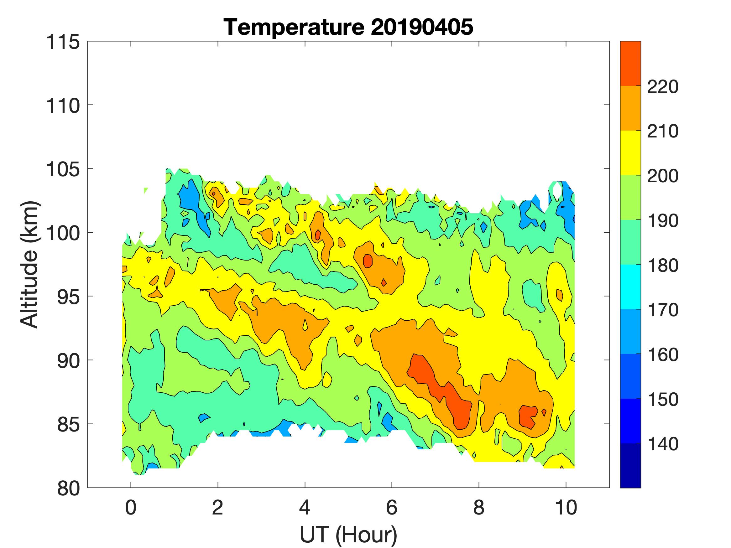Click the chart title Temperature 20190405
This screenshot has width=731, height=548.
tap(348, 27)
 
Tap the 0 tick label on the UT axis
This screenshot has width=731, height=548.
tap(131, 508)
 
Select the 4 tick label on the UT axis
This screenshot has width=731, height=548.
tap(305, 508)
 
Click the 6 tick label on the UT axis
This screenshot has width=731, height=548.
tap(392, 508)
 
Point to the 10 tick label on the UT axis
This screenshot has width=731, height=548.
tap(566, 508)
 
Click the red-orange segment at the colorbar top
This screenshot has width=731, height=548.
tap(630, 64)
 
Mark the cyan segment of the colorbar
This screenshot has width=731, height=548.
tap(630, 287)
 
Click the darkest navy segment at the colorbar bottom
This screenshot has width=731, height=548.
tap(630, 465)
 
